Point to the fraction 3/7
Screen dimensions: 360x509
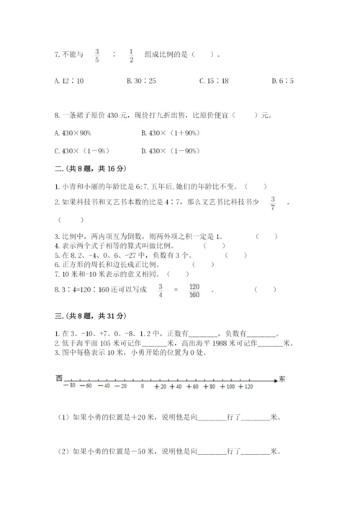273,203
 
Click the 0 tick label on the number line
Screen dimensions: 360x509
143,387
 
